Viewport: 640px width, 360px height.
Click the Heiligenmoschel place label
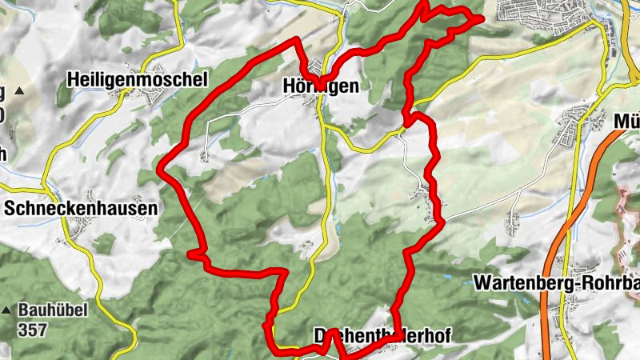click(x=138, y=79)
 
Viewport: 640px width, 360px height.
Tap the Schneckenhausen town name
click(x=80, y=208)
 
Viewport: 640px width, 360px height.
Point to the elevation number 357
click(x=34, y=328)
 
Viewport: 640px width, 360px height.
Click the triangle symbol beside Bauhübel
click(x=7, y=310)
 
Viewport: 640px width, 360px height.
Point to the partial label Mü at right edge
click(x=626, y=122)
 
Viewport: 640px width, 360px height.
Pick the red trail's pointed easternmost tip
click(x=482, y=18)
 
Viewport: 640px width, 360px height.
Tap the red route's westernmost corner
click(x=159, y=170)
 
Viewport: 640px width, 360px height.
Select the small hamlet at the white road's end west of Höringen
click(x=204, y=155)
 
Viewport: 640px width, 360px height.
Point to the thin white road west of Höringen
click(x=256, y=108)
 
